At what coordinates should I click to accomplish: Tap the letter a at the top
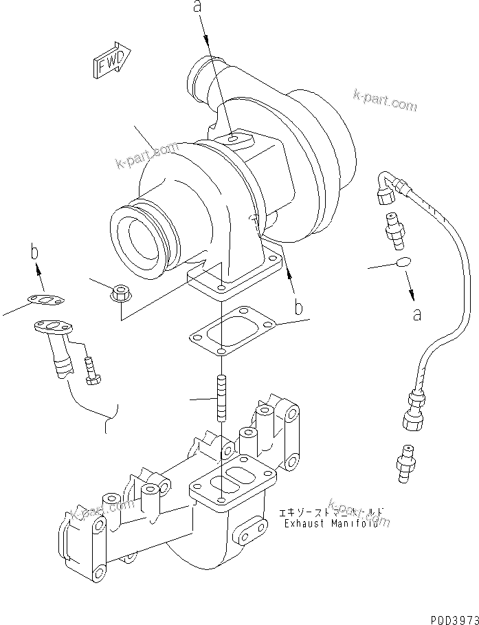pos(198,8)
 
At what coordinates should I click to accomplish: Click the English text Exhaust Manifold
pos(328,523)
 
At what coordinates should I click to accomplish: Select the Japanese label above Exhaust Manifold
pos(331,512)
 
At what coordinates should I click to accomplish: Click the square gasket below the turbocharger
pos(232,333)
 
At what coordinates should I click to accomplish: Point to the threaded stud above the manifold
pos(222,398)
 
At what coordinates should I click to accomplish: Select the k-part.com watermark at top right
pos(385,101)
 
